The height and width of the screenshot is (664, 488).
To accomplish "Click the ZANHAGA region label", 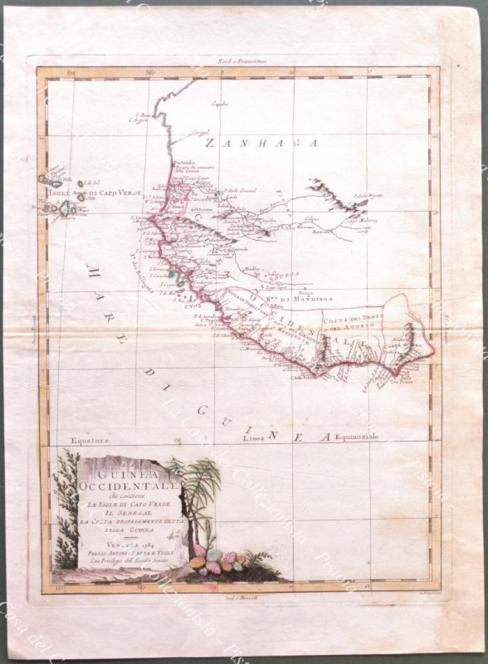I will [x=262, y=143].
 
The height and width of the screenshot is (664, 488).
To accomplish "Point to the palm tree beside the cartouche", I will [x=198, y=488].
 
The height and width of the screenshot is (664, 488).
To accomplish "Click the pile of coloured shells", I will [x=217, y=560].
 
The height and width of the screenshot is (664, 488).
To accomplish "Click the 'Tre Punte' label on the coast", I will [x=400, y=374].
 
